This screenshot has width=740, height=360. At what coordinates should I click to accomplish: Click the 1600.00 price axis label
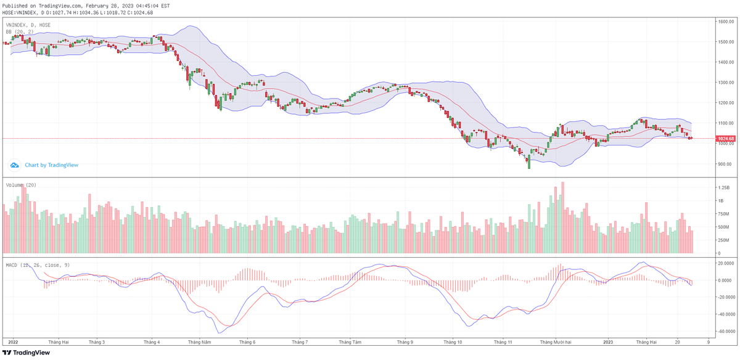pyautogui.click(x=725, y=22)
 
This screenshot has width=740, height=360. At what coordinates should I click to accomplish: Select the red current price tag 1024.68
pyautogui.click(x=725, y=139)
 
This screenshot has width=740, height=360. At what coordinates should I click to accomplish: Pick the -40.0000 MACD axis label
pyautogui.click(x=726, y=314)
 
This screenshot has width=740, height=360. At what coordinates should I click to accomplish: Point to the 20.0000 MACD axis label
pyautogui.click(x=725, y=263)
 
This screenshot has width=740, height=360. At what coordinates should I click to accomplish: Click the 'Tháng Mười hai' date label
pyautogui.click(x=556, y=342)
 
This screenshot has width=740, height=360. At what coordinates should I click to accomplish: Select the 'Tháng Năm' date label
pyautogui.click(x=200, y=342)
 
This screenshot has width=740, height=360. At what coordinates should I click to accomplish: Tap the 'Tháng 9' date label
pyautogui.click(x=405, y=342)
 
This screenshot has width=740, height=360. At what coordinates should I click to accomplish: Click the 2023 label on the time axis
pyautogui.click(x=608, y=342)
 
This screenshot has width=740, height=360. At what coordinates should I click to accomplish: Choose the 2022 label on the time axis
pyautogui.click(x=14, y=342)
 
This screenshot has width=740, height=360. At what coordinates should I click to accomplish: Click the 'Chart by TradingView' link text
pyautogui.click(x=52, y=165)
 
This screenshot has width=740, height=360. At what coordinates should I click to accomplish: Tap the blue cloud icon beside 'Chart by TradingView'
pyautogui.click(x=15, y=165)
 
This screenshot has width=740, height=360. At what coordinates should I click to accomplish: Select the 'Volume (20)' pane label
pyautogui.click(x=21, y=185)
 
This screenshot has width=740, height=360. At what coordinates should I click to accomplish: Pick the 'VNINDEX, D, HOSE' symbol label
pyautogui.click(x=28, y=25)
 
